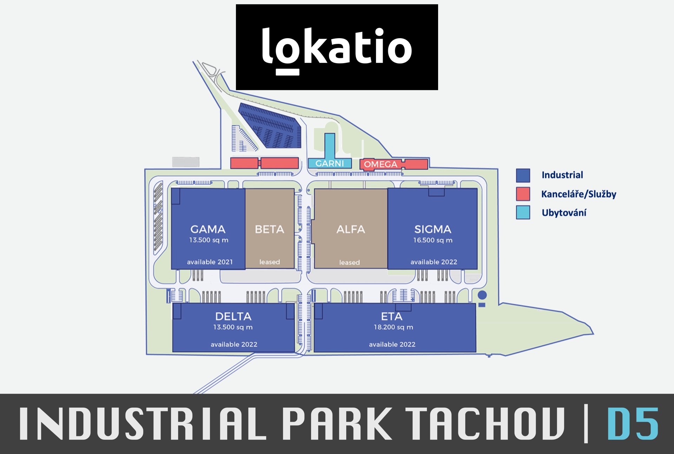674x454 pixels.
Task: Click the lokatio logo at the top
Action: (x=337, y=47)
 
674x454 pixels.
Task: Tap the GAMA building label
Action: (x=208, y=229)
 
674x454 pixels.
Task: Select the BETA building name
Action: (x=269, y=229)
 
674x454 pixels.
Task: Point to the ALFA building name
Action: (x=351, y=229)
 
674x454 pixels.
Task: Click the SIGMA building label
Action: (x=433, y=229)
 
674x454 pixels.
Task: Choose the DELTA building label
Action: (x=233, y=316)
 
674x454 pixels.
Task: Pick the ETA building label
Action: (x=392, y=316)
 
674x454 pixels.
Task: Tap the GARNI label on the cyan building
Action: (x=330, y=163)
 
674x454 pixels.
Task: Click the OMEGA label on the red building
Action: (x=381, y=164)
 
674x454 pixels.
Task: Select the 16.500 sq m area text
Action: (x=433, y=240)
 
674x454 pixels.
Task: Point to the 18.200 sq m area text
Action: (x=393, y=327)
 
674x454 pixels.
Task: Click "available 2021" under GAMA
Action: (x=210, y=262)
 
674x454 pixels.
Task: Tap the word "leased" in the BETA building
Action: (x=270, y=262)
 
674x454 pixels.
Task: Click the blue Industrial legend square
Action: (x=523, y=175)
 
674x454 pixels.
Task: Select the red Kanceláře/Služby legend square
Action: (x=523, y=194)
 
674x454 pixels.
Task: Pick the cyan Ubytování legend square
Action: (x=523, y=213)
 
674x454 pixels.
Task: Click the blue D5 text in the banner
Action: (x=633, y=423)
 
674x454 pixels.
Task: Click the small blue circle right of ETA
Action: (x=482, y=295)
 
